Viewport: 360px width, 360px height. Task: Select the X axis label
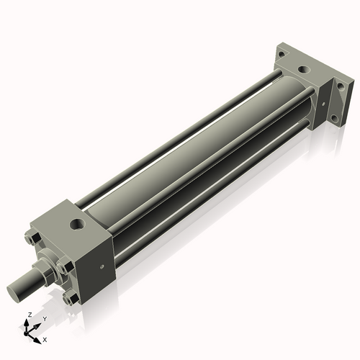45,338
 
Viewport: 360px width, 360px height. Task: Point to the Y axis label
44,318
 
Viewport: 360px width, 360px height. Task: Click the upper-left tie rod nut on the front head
32,239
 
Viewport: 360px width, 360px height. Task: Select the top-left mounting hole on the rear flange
281,53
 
